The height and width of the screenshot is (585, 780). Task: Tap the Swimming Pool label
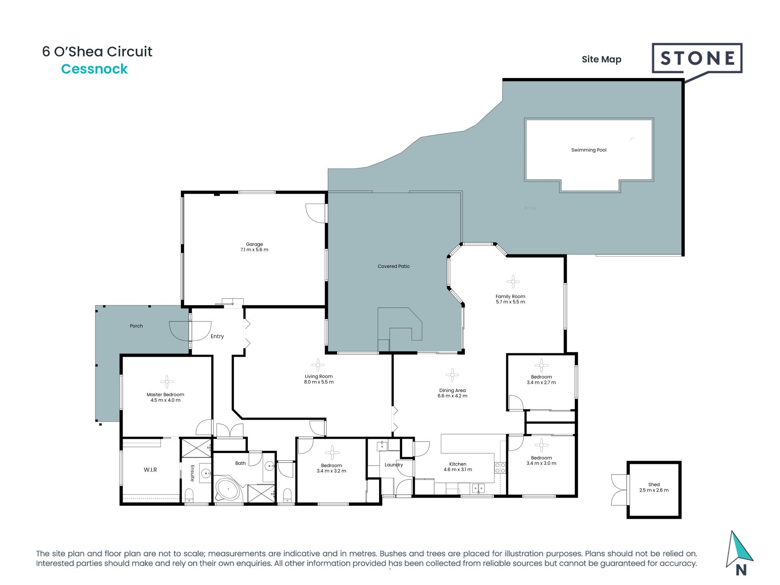[589, 150]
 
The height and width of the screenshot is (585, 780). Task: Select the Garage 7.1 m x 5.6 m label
[254, 247]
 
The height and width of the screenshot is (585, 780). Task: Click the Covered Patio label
[394, 266]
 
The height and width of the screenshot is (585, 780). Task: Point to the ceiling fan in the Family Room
[513, 282]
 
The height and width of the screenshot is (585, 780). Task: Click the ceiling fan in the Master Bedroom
[167, 381]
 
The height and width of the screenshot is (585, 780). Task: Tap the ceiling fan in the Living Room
[318, 364]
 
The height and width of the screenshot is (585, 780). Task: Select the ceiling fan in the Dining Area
[452, 375]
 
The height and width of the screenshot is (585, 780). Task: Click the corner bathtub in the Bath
[227, 489]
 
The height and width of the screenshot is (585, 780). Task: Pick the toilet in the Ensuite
[189, 495]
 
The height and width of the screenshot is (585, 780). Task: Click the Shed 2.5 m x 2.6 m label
[654, 487]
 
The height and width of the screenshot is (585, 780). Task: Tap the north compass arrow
[739, 549]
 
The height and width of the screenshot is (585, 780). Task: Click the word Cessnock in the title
[94, 69]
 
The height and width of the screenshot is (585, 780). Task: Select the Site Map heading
[602, 59]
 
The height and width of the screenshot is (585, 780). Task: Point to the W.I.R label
[150, 470]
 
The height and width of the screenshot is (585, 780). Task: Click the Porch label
[136, 326]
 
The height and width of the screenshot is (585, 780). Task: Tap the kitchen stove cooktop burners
[500, 468]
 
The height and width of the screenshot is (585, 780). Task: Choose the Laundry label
[394, 465]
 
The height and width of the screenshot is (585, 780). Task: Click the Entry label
[217, 336]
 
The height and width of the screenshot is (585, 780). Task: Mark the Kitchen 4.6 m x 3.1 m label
[458, 467]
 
